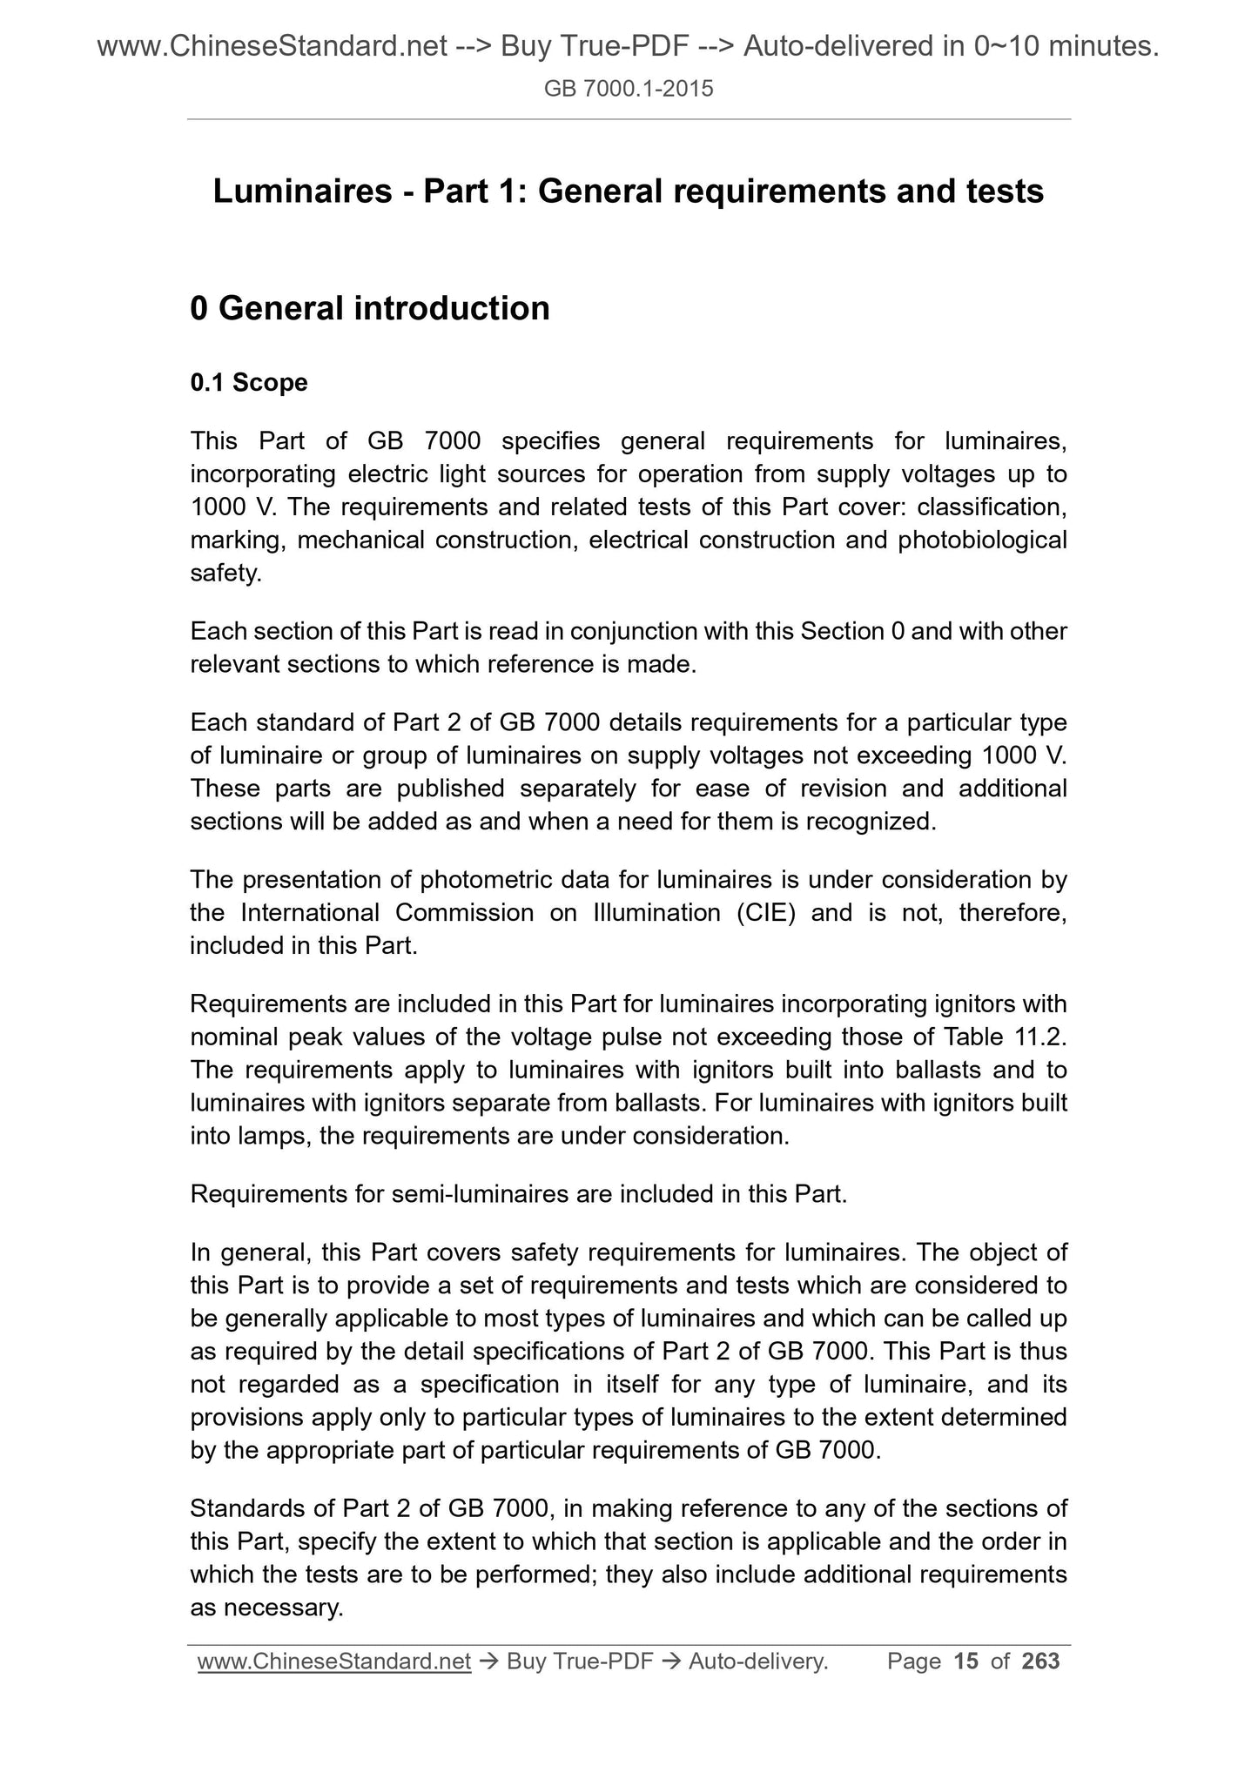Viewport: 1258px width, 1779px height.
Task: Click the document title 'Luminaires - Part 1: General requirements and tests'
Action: click(x=628, y=191)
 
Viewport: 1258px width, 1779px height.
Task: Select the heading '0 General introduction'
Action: click(x=369, y=308)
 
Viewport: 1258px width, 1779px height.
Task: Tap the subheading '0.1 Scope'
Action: click(x=248, y=383)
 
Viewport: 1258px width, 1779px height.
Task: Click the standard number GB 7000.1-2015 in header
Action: click(x=628, y=88)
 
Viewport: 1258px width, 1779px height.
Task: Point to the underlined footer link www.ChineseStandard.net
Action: click(x=334, y=1662)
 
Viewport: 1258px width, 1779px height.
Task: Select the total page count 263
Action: click(x=1040, y=1662)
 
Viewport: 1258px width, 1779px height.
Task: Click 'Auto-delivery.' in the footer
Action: click(x=757, y=1662)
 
